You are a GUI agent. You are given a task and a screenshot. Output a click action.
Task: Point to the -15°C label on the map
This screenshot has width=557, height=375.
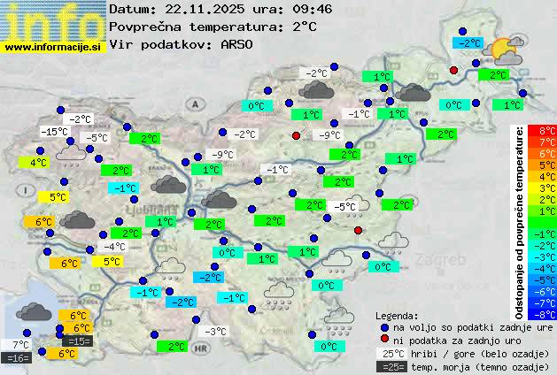coord(54,132)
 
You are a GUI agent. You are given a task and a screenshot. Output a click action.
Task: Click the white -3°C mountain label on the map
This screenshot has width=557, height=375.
coord(215,332)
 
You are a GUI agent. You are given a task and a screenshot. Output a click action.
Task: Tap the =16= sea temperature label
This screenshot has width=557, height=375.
coord(17,358)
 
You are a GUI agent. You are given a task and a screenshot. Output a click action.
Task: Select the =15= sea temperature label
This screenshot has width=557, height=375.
coord(78,341)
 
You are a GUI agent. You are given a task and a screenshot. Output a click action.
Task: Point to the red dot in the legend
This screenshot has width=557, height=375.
coord(384,340)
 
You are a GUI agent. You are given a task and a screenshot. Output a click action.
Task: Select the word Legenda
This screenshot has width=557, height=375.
coord(397,315)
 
